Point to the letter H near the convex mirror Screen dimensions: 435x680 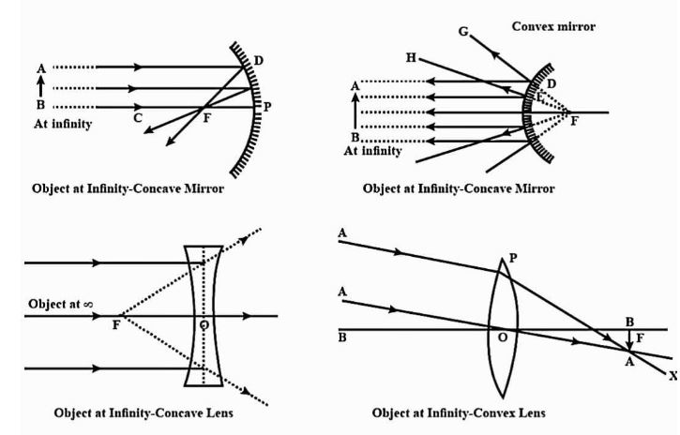click(x=412, y=57)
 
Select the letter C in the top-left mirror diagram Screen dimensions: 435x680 click(x=138, y=118)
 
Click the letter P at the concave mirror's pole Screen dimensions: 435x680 click(x=267, y=106)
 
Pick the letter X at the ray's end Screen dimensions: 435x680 click(x=672, y=374)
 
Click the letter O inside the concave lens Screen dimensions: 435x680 click(x=204, y=324)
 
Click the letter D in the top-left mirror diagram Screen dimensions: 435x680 click(x=258, y=60)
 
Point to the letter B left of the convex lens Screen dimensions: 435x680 click(x=342, y=339)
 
